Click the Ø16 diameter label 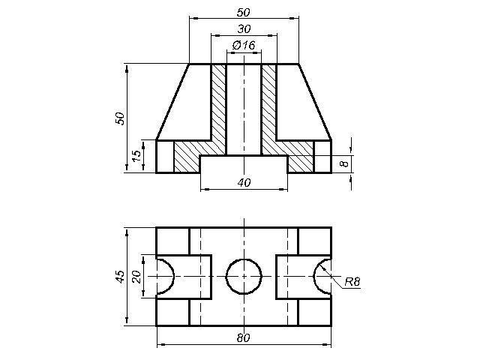click(244, 45)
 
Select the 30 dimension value click(244, 29)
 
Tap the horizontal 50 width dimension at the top click(243, 13)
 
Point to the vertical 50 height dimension click(120, 118)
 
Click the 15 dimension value click(137, 156)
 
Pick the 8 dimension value click(345, 163)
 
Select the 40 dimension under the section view click(244, 182)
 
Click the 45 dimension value click(120, 277)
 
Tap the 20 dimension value click(136, 277)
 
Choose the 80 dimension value click(243, 338)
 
